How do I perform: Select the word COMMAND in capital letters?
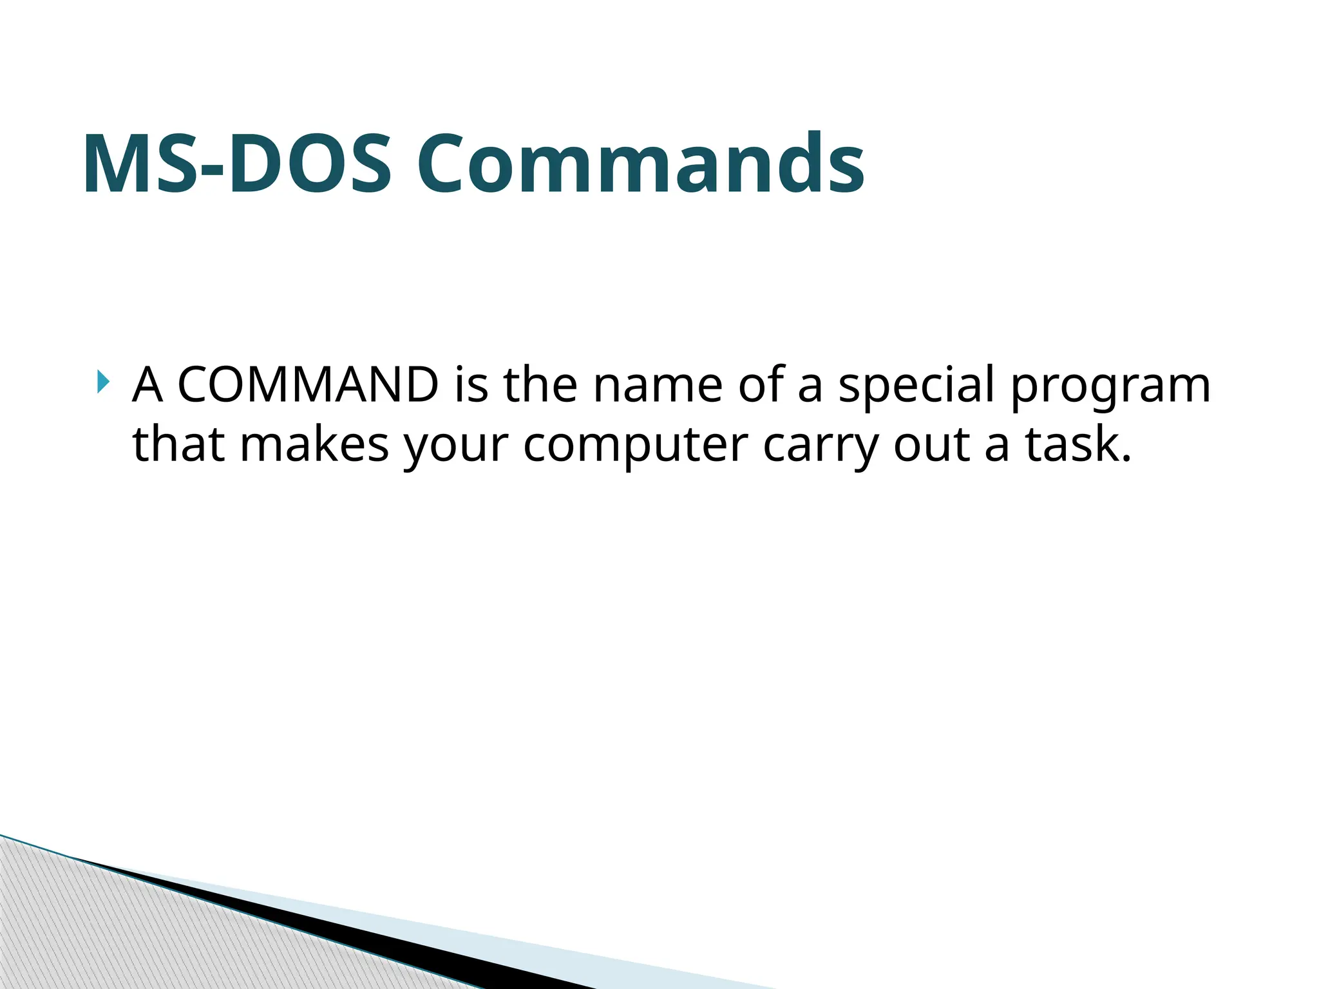point(308,385)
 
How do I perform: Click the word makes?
point(314,445)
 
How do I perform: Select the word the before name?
point(540,385)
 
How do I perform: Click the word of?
point(762,385)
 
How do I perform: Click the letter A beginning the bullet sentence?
point(147,385)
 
